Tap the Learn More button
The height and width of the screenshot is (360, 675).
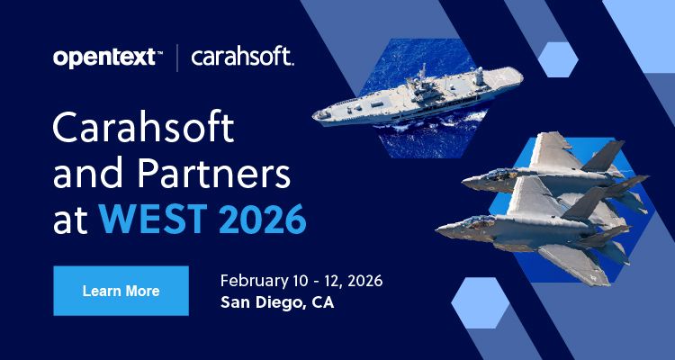click(121, 291)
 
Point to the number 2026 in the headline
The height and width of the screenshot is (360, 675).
click(260, 218)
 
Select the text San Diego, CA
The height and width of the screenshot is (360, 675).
click(276, 302)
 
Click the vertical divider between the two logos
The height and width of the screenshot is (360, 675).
click(176, 58)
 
